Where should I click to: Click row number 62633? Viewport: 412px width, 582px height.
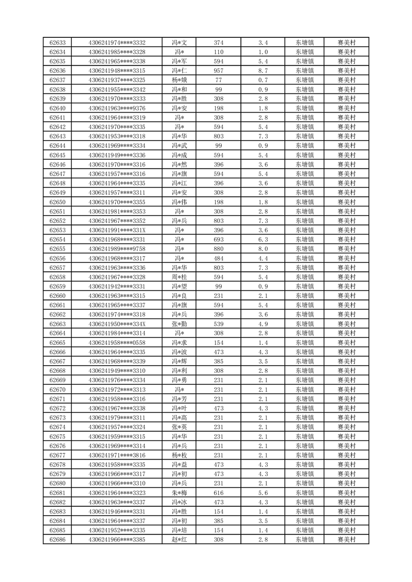point(58,43)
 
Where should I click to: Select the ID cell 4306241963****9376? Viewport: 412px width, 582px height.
point(117,108)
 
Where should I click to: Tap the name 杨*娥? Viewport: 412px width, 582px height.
point(180,80)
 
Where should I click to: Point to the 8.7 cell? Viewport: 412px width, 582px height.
point(263,71)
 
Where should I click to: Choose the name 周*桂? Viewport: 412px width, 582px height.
point(180,277)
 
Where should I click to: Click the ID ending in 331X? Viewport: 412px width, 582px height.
point(117,230)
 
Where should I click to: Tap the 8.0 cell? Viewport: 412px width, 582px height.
point(263,249)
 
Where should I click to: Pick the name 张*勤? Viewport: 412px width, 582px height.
point(180,324)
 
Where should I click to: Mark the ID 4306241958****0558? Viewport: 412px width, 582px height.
point(117,343)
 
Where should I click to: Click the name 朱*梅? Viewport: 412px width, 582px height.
point(180,493)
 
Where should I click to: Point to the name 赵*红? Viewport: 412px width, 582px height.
point(180,539)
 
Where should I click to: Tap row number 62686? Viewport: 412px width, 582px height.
point(58,539)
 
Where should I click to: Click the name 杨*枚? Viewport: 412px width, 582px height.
point(180,455)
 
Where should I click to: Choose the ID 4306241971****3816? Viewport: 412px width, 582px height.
point(117,455)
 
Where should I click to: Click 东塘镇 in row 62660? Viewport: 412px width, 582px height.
point(304,296)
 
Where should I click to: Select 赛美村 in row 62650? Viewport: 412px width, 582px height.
point(346,202)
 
